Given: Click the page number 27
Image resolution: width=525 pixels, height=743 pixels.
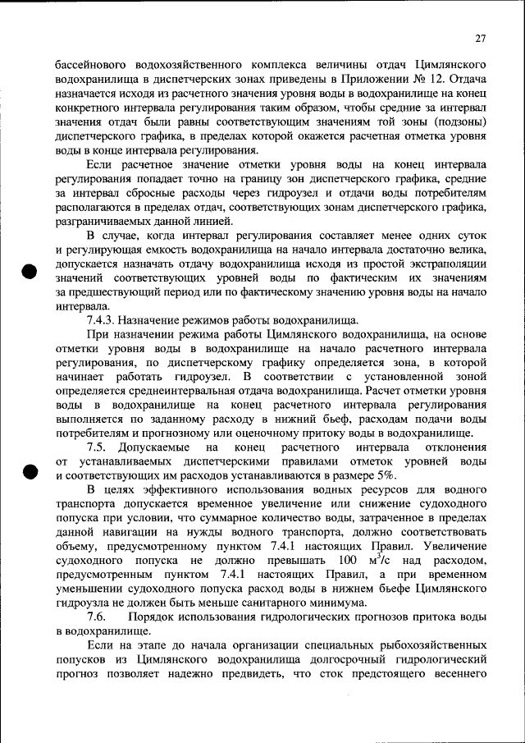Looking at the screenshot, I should [480, 39].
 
